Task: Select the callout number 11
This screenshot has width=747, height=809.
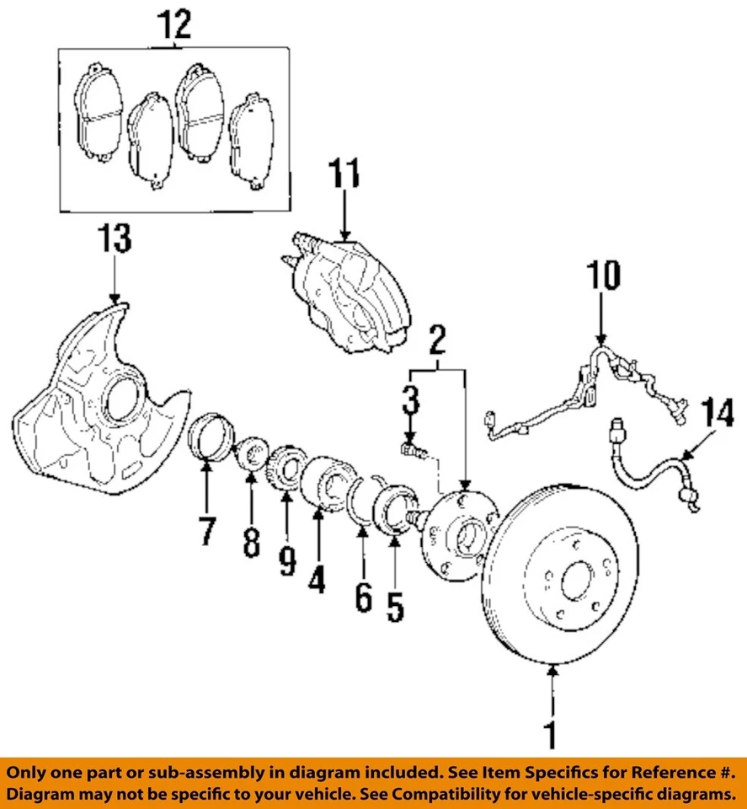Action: [x=344, y=177]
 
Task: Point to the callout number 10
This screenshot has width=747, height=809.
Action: [x=603, y=276]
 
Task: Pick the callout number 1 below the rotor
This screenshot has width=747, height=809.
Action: [x=552, y=734]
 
